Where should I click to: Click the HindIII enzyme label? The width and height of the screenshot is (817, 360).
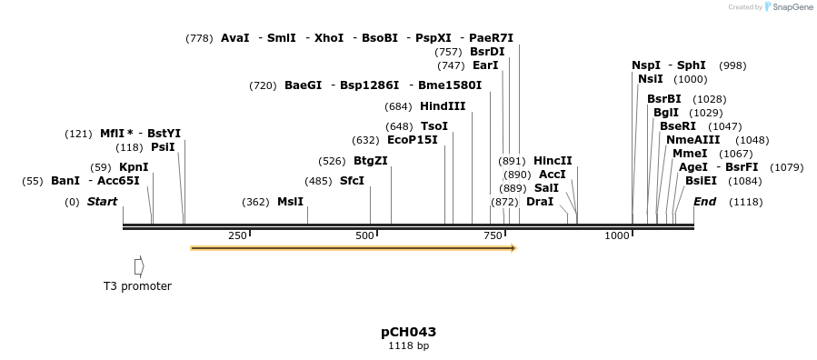point(443,106)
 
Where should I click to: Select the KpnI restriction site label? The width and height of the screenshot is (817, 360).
point(134,167)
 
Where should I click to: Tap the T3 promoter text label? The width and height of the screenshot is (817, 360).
point(137,286)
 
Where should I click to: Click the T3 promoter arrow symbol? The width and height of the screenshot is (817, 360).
point(139,266)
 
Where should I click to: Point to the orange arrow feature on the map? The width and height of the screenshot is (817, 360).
point(353,247)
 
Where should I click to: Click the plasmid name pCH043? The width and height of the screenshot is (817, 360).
point(408,332)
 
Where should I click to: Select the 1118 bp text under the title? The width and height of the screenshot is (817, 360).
point(408,346)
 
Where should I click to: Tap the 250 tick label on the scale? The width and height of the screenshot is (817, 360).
point(237,235)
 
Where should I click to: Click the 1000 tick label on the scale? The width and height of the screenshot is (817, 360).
point(617,235)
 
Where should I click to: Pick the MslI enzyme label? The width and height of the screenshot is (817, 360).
point(290,202)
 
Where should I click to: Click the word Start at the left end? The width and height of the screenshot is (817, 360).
point(102,202)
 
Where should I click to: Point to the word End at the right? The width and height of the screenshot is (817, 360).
point(704,202)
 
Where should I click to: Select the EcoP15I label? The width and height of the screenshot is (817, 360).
point(412,140)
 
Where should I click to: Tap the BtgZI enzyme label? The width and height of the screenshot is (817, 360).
point(370,161)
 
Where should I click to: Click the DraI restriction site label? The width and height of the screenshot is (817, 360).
point(540,202)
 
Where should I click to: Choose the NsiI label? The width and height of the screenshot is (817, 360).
point(651,79)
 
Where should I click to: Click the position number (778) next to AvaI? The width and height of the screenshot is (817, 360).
point(199,38)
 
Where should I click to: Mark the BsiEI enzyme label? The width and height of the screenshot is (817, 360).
point(701,181)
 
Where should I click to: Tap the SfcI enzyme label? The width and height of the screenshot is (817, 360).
point(352,181)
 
